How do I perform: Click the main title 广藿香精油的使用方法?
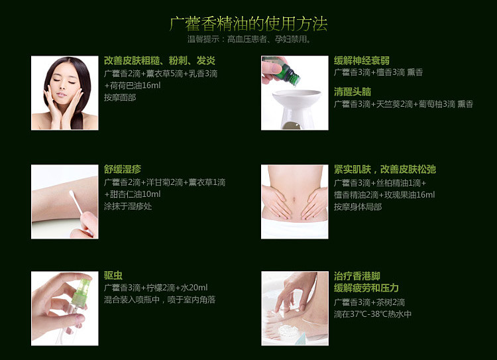[248, 24]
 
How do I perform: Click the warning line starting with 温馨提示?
[249, 39]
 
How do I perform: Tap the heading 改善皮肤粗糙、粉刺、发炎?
[160, 60]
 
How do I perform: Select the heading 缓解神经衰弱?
[361, 60]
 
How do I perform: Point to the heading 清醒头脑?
[352, 91]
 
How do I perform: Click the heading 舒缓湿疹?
[123, 169]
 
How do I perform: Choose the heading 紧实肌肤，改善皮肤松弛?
[385, 169]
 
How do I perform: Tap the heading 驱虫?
[113, 275]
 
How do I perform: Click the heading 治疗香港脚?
[357, 276]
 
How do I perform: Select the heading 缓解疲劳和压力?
[366, 288]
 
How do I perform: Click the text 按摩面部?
[120, 97]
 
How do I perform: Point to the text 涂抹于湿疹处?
[128, 206]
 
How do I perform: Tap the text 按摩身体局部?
[358, 207]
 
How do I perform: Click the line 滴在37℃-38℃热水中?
[372, 314]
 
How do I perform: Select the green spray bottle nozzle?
[81, 291]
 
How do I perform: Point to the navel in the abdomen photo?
[295, 200]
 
